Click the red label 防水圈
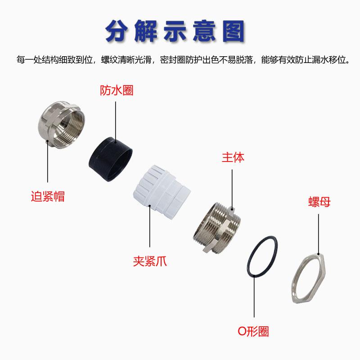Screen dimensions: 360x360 click(116, 90)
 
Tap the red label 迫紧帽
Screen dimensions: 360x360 click(47, 196)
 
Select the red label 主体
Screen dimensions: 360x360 click(233, 157)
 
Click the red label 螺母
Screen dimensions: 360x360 click(319, 202)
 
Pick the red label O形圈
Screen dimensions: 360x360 click(253, 332)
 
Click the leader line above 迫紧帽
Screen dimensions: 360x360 click(48, 162)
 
